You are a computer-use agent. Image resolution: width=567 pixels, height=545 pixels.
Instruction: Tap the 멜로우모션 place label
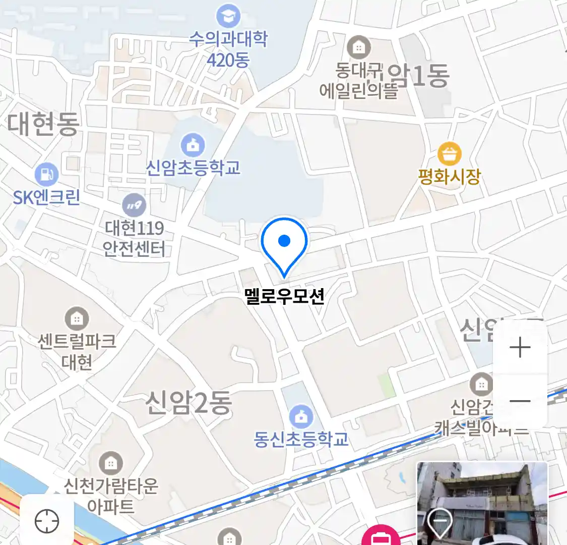tap(284, 296)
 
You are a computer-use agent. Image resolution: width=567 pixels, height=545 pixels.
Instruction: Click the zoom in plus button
tap(520, 348)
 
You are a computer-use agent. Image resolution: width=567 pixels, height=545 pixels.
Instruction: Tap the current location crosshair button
tap(47, 521)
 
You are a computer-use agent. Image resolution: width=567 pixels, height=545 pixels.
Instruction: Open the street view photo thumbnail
tap(482, 503)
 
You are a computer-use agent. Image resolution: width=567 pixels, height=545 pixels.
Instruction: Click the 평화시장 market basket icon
tap(449, 154)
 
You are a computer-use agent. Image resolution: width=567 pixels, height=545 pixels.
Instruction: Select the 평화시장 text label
tap(449, 177)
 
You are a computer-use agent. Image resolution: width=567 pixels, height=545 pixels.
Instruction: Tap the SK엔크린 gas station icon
tap(47, 175)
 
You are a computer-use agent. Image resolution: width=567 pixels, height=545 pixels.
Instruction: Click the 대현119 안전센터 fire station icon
tap(134, 205)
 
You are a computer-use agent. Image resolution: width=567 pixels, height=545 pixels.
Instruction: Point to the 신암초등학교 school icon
tap(193, 146)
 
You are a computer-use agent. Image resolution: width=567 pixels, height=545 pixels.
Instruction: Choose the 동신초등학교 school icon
tap(301, 417)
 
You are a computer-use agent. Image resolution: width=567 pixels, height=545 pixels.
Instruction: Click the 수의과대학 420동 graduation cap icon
tap(228, 17)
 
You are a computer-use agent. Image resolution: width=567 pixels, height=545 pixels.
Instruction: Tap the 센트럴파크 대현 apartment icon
tap(77, 319)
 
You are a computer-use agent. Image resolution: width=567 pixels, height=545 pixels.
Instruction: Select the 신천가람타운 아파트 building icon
tap(110, 463)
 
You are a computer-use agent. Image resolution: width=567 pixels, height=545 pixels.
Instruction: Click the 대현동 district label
tap(43, 124)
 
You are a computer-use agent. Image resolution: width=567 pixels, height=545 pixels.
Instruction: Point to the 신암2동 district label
tap(188, 403)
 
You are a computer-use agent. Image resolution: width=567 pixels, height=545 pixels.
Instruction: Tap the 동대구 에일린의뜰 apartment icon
tap(359, 48)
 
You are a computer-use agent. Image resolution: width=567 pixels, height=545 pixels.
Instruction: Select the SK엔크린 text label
tap(47, 197)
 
